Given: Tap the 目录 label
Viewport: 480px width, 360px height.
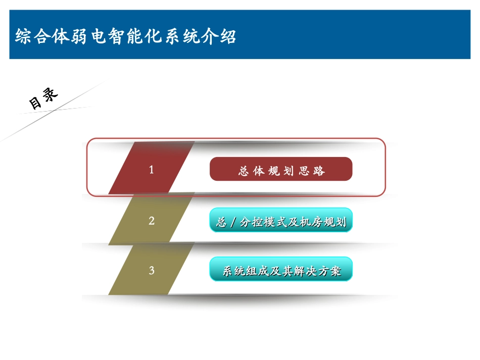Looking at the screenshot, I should (43, 98).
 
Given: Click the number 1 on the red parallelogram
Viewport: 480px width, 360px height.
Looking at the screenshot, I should (151, 170).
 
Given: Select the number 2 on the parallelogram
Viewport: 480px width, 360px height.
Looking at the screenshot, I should (151, 221).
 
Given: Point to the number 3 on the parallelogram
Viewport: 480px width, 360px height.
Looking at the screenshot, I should (151, 270).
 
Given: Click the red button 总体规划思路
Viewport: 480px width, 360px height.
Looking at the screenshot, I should (281, 169).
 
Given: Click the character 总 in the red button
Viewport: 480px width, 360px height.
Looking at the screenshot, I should (244, 171).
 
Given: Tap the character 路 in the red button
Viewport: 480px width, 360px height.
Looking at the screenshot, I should (319, 171).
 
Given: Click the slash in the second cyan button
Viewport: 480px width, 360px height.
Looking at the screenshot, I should (232, 223).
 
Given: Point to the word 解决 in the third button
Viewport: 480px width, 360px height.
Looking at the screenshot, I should (305, 272).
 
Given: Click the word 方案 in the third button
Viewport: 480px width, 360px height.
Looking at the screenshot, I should (329, 272).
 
